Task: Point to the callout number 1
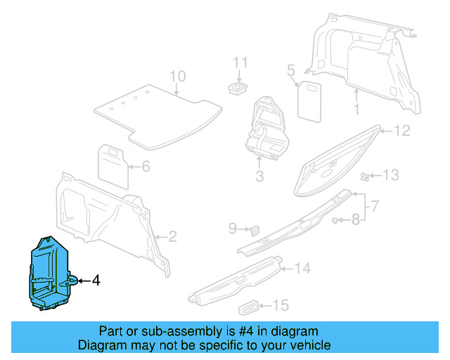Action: tap(356, 110)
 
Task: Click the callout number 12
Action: tap(401, 130)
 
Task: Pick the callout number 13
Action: tap(390, 175)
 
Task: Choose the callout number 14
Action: tap(302, 268)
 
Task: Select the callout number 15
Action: tap(281, 305)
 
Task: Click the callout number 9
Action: tap(233, 228)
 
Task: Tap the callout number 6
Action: tap(146, 167)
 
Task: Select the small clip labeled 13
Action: tap(365, 176)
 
